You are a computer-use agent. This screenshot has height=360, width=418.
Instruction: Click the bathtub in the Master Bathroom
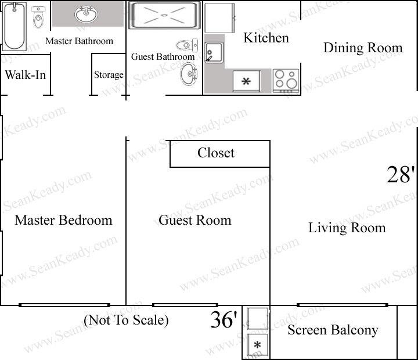pyautogui.click(x=15, y=26)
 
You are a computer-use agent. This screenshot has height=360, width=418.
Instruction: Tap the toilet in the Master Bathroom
pyautogui.click(x=38, y=17)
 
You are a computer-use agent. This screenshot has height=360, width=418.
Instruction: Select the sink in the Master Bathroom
pyautogui.click(x=86, y=14)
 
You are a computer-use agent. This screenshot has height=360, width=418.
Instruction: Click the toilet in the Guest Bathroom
pyautogui.click(x=187, y=45)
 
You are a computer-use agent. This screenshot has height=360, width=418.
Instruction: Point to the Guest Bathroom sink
pyautogui.click(x=189, y=74)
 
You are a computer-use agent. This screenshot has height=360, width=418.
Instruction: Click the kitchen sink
pyautogui.click(x=214, y=52)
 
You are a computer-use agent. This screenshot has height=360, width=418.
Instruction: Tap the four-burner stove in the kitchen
pyautogui.click(x=286, y=81)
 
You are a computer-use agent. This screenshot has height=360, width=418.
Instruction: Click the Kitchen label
pyautogui.click(x=266, y=38)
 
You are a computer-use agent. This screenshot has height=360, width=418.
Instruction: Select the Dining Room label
pyautogui.click(x=363, y=48)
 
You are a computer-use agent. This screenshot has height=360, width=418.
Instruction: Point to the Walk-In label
pyautogui.click(x=26, y=75)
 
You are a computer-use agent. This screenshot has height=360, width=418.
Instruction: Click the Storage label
pyautogui.click(x=109, y=75)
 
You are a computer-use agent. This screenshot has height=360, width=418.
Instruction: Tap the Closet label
pyautogui.click(x=216, y=153)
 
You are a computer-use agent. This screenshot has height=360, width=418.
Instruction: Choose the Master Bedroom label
pyautogui.click(x=63, y=221)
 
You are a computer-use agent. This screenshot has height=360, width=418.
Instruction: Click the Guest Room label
pyautogui.click(x=195, y=221)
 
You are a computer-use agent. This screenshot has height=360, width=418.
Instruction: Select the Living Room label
pyautogui.click(x=347, y=228)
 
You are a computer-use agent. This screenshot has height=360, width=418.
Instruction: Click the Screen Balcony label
pyautogui.click(x=333, y=330)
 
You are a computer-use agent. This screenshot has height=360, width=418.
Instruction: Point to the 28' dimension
pyautogui.click(x=401, y=175)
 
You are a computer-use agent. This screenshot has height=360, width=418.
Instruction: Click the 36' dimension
pyautogui.click(x=224, y=319)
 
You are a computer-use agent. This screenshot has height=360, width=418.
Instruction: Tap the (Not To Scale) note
pyautogui.click(x=126, y=320)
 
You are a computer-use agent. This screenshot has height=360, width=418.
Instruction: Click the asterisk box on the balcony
pyautogui.click(x=257, y=345)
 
